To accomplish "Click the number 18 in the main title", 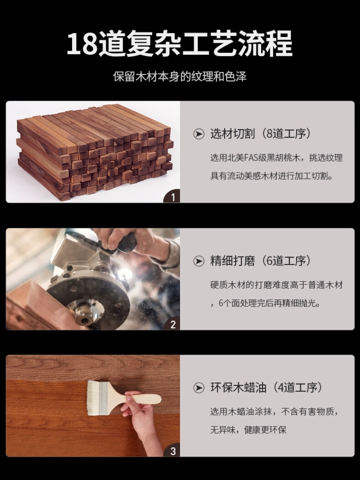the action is [82, 43].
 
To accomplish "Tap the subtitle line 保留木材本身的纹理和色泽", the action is [180, 77].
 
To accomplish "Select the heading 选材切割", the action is [232, 134].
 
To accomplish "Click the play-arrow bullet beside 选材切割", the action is [199, 134].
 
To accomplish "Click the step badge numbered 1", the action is [172, 196].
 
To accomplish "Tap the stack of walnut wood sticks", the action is [95, 151].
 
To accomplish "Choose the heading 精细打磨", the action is [232, 261].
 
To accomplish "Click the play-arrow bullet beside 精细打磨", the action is [199, 261].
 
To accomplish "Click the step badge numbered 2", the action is [172, 324].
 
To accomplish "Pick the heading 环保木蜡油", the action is [238, 388].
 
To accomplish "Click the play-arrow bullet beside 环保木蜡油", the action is [199, 388].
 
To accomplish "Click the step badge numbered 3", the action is [172, 451].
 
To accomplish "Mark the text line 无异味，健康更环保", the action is [248, 430].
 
